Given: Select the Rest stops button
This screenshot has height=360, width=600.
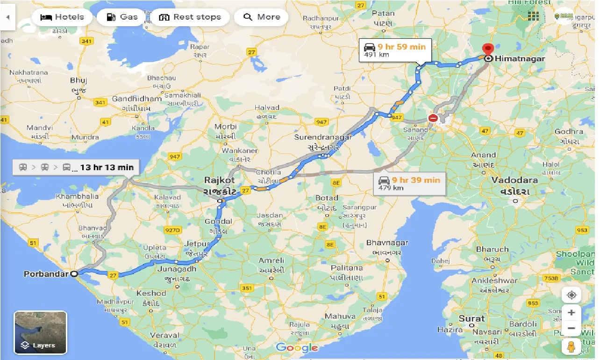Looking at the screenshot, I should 190,17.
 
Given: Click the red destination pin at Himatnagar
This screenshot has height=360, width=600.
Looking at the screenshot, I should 488,50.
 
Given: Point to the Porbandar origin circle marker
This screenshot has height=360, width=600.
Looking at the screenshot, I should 74,274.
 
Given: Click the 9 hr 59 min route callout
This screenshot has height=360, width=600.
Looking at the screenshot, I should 395,50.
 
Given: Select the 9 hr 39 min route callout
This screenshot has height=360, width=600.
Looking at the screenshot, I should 409,183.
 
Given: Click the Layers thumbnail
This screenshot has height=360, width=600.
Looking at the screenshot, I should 41,332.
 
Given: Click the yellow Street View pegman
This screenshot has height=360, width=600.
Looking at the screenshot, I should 571,347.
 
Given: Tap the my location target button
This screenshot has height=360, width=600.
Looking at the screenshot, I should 571,295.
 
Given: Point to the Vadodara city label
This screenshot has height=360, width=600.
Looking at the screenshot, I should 514,180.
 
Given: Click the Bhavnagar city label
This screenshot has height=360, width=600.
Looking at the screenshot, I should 387,243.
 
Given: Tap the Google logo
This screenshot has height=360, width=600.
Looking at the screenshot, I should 297,347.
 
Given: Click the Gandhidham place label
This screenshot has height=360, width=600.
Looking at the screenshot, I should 136,99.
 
